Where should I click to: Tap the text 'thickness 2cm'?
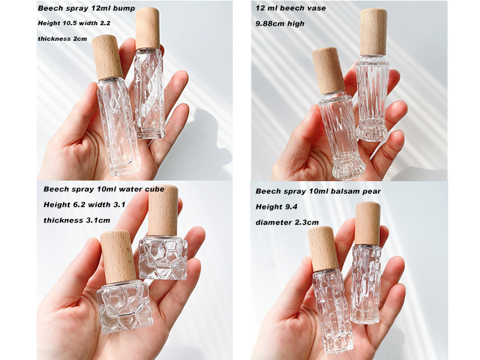point(62,39)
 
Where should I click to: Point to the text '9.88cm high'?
point(280,23)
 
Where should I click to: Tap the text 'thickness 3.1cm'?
point(77,220)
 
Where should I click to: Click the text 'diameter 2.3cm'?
point(287,223)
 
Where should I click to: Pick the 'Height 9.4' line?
point(277,207)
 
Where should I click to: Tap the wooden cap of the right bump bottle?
point(148,28)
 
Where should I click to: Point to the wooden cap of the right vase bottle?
point(373,32)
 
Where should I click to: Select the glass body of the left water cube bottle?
point(125,307)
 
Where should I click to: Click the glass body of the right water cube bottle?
point(163,258)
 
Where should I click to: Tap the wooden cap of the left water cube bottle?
point(118,256)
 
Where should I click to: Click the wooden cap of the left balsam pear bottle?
point(323,248)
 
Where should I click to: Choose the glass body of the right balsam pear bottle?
point(367,283)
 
